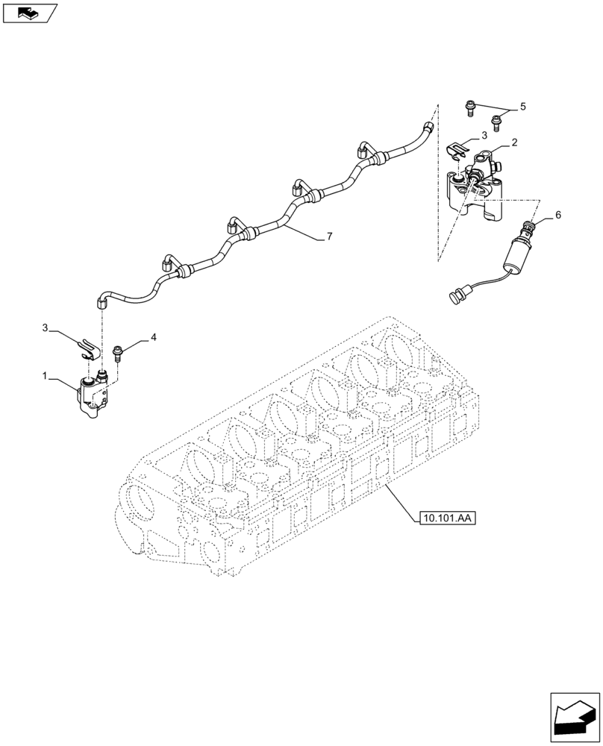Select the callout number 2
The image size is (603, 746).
tap(515, 142)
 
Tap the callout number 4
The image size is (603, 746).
tap(154, 338)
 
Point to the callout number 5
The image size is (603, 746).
tap(522, 107)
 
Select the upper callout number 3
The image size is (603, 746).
tap(484, 136)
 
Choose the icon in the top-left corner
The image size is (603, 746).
tap(29, 13)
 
